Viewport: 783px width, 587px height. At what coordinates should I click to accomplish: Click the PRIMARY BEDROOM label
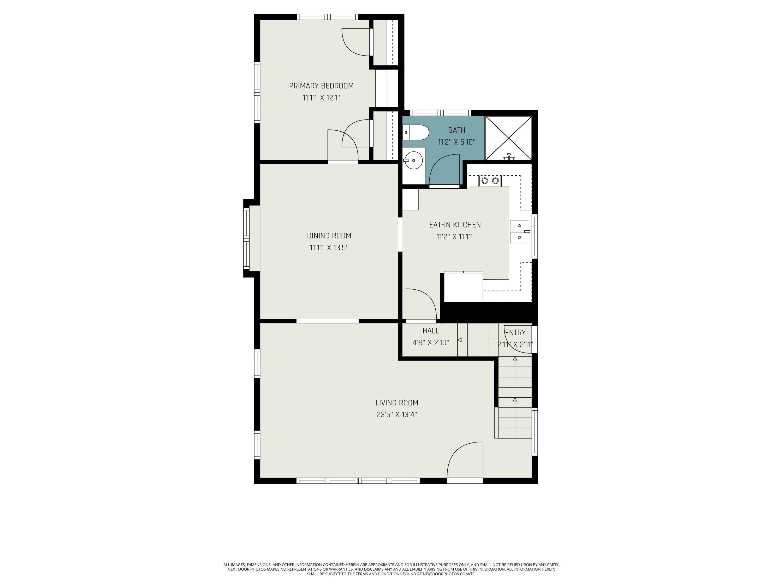click(x=321, y=86)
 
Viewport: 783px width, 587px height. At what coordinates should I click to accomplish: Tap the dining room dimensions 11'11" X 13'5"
click(x=329, y=248)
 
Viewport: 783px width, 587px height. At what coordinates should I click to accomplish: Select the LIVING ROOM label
click(x=397, y=403)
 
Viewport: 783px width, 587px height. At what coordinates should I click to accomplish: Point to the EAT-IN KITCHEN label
click(x=455, y=225)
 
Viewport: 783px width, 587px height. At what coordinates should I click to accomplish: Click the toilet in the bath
click(x=416, y=132)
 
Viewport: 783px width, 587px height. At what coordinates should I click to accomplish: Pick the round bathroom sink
click(x=413, y=160)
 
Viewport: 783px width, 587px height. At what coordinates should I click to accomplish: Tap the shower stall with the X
click(x=508, y=138)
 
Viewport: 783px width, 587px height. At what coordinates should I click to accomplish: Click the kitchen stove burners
click(x=490, y=181)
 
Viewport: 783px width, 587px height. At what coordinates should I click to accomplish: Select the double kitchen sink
click(x=519, y=231)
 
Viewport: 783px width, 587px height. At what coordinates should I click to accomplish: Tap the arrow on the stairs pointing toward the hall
click(x=478, y=340)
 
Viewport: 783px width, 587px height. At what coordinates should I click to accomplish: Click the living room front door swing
click(x=465, y=460)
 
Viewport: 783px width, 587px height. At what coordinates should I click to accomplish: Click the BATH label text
click(x=457, y=130)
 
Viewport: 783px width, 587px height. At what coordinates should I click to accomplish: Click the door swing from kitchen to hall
click(x=421, y=304)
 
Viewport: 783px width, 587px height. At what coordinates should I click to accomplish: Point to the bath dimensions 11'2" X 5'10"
click(x=457, y=142)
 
